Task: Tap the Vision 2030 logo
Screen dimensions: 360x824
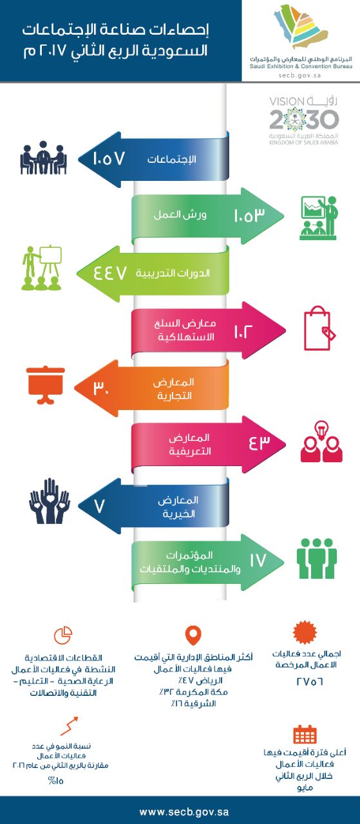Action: tap(304, 120)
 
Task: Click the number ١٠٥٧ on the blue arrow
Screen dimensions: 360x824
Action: tap(109, 158)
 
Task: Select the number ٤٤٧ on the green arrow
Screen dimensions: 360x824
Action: tap(110, 273)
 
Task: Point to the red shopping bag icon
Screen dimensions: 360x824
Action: tap(319, 328)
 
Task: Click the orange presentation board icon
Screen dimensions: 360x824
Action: tap(46, 385)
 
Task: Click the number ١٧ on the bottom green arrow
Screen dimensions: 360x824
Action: tap(258, 560)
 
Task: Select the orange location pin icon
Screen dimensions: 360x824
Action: tap(193, 635)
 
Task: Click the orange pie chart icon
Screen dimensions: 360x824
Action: tap(63, 635)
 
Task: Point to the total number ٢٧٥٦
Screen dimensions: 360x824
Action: tap(310, 681)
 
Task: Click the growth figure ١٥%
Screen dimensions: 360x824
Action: tap(56, 781)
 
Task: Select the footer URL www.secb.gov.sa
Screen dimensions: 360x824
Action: tap(184, 812)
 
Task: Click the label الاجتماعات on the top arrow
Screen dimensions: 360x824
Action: tap(171, 159)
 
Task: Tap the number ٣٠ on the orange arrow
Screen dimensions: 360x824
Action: tap(101, 388)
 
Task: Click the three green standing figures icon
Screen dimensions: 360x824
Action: tap(317, 558)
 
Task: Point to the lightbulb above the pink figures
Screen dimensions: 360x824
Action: tap(321, 431)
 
